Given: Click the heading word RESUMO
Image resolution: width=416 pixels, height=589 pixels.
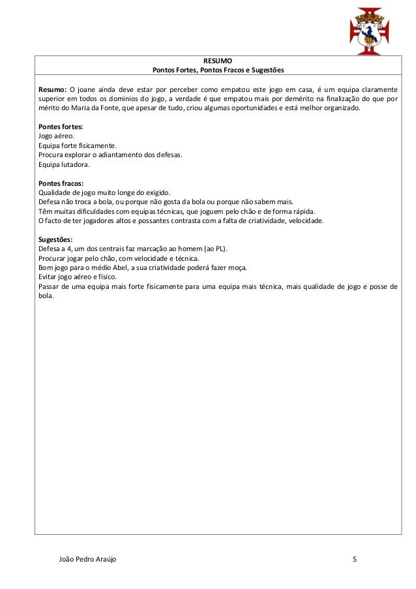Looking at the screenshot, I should [x=218, y=60].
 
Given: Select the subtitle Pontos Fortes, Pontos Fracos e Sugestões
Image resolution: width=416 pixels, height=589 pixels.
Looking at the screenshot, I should [x=218, y=69].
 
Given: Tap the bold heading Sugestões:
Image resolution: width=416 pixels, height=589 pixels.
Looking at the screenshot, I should [x=55, y=239].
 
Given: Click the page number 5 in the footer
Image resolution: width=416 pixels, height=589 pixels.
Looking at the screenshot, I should [x=355, y=560].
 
